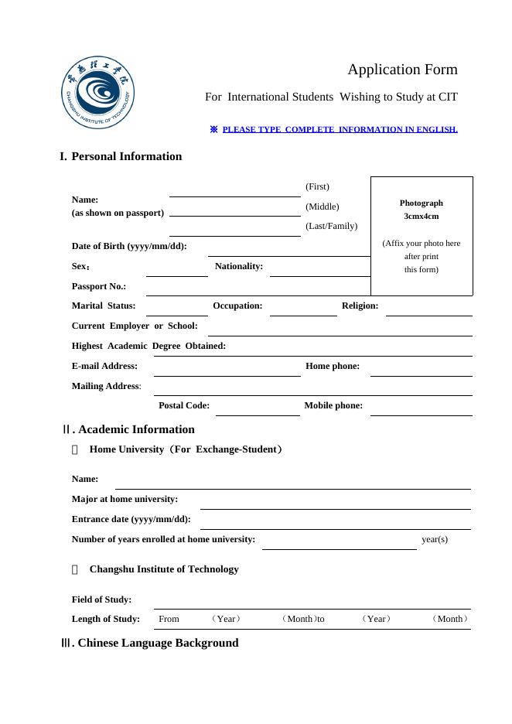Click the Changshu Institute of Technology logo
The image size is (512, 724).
click(99, 93)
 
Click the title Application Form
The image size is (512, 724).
click(402, 70)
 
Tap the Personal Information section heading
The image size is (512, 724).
click(126, 156)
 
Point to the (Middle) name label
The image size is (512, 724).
click(323, 207)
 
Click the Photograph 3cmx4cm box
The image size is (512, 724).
click(422, 236)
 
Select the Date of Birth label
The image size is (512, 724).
click(129, 246)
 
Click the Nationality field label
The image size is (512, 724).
click(239, 266)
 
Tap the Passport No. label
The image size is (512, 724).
click(99, 286)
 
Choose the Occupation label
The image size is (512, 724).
click(237, 306)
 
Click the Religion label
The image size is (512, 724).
click(360, 306)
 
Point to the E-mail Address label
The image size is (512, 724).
click(104, 366)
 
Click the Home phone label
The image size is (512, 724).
click(333, 366)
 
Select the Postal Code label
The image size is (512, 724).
click(184, 405)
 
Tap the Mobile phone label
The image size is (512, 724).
click(333, 405)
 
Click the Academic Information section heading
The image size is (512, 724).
click(136, 429)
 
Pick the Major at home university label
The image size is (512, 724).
click(125, 499)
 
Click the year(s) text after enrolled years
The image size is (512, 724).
click(435, 539)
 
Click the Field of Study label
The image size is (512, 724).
click(101, 599)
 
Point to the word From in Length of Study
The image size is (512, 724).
click(169, 619)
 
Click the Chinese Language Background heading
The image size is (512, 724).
click(158, 643)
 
